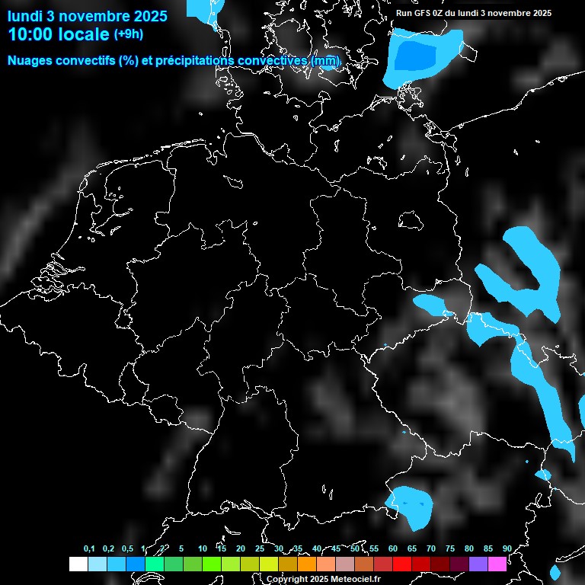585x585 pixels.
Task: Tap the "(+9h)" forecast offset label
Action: (128, 34)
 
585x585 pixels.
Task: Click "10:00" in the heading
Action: (30, 34)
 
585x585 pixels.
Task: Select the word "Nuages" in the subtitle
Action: (30, 60)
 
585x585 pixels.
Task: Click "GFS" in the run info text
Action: (433, 13)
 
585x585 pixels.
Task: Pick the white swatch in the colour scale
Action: (78, 564)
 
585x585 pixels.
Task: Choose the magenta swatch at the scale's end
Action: (497, 564)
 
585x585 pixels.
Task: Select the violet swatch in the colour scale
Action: (478, 564)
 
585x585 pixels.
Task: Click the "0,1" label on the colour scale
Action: (89, 549)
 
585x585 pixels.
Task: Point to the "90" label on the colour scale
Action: (507, 549)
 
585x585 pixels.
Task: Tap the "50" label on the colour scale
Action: (355, 549)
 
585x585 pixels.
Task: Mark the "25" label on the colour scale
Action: (260, 549)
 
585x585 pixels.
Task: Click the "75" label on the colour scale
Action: (449, 549)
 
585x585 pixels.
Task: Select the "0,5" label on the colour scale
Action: (127, 549)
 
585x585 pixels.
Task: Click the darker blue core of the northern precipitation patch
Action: (418, 56)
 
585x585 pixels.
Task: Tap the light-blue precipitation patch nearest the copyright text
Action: (411, 504)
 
